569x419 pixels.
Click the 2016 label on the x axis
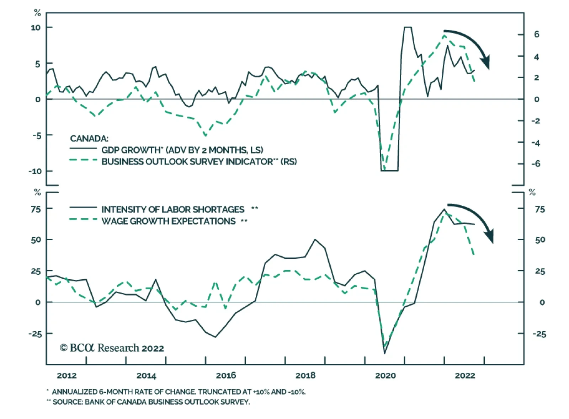[x=226, y=375]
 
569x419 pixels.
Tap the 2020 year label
[x=385, y=375]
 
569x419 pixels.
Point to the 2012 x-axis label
[x=67, y=375]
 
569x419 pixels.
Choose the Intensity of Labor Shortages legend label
[x=173, y=209]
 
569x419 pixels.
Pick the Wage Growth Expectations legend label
[x=168, y=221]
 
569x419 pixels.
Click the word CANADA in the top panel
[x=89, y=139]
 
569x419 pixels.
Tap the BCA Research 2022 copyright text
[x=112, y=348]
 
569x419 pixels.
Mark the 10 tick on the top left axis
[x=36, y=27]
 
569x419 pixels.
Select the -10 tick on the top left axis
[x=34, y=171]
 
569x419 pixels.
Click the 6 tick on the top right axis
[x=536, y=34]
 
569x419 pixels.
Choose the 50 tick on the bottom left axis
[x=36, y=240]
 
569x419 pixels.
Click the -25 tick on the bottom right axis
[x=539, y=334]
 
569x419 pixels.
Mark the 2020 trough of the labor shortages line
[x=384, y=353]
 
